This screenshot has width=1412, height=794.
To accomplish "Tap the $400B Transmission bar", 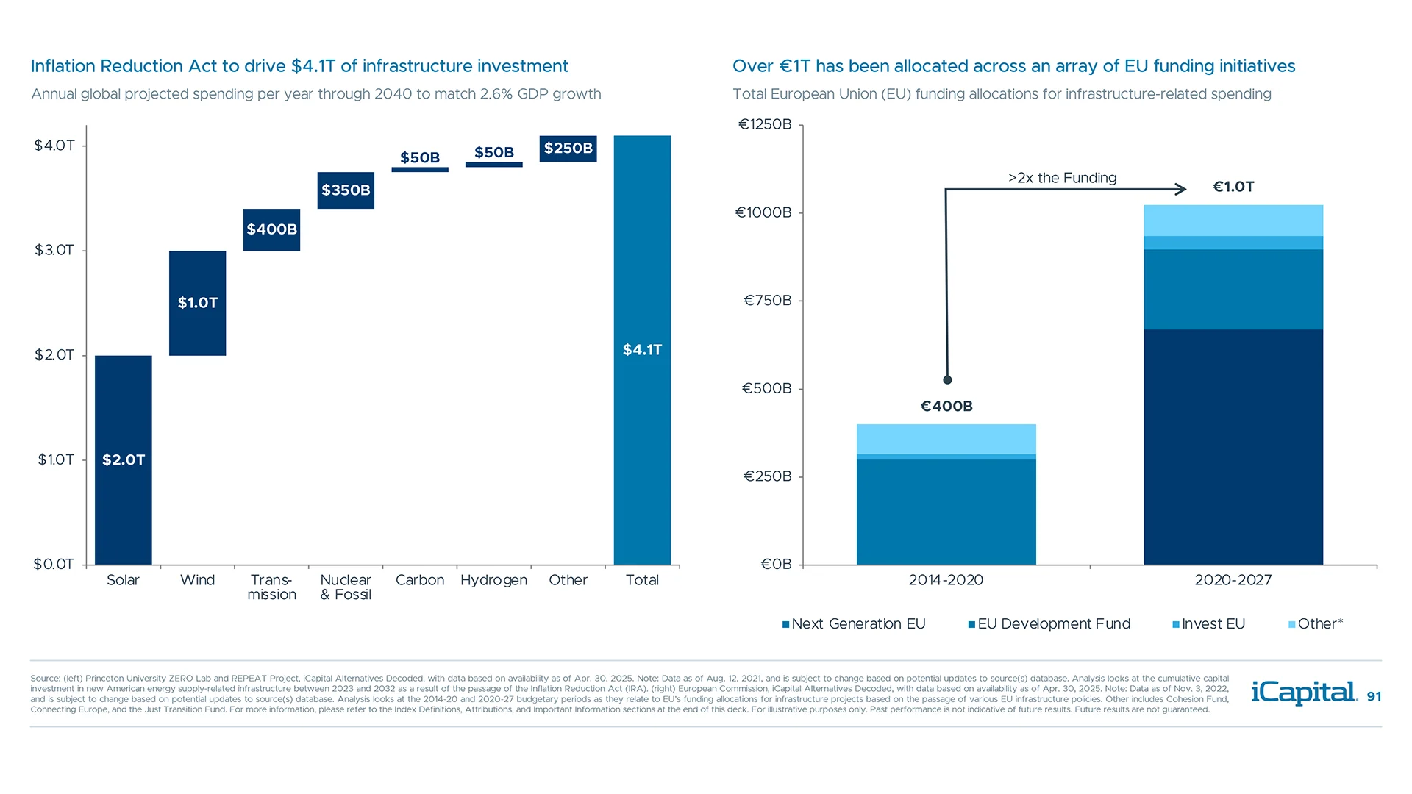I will pyautogui.click(x=271, y=229).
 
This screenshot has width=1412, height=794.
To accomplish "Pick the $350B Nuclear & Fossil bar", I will pyautogui.click(x=346, y=190).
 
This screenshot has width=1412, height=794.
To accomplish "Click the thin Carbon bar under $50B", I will pyautogui.click(x=420, y=170).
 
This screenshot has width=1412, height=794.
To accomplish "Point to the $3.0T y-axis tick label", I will pyautogui.click(x=54, y=250).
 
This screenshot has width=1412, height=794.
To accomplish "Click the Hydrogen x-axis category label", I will pyautogui.click(x=493, y=580).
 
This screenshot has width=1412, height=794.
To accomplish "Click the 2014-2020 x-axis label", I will pyautogui.click(x=946, y=580).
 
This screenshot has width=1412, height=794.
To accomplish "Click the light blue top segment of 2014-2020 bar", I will pyautogui.click(x=946, y=439).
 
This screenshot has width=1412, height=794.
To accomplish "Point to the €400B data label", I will pyautogui.click(x=946, y=406).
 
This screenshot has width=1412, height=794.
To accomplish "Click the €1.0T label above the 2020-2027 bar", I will pyautogui.click(x=1233, y=187).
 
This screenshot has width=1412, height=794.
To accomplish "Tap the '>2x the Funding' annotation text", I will pyautogui.click(x=1062, y=178).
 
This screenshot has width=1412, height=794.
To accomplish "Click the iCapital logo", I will pyautogui.click(x=1303, y=693).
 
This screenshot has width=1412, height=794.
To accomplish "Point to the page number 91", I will pyautogui.click(x=1374, y=696).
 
